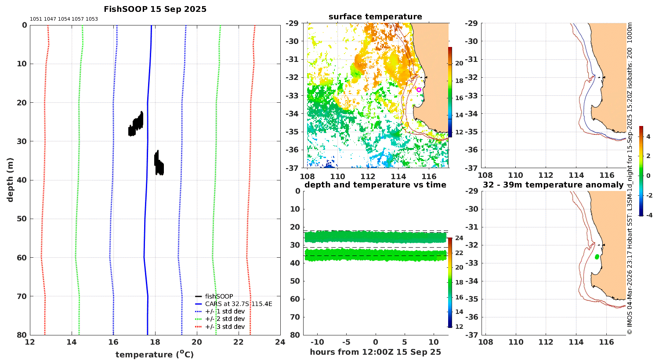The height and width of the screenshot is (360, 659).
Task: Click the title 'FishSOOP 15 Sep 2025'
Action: point(155,9)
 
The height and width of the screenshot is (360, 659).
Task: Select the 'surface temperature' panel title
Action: point(375,17)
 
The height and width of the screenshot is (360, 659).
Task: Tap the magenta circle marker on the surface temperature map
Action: point(419,90)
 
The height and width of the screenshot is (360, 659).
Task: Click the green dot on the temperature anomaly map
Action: point(597,257)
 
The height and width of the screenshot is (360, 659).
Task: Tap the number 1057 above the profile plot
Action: point(78,19)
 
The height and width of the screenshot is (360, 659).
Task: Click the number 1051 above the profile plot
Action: point(36,19)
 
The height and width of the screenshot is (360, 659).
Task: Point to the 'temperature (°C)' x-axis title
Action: point(155,354)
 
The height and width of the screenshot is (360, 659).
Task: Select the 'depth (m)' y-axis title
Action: point(10,180)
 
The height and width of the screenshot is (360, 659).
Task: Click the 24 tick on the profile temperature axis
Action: point(280,342)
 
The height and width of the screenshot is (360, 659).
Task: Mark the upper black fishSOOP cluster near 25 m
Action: point(136,124)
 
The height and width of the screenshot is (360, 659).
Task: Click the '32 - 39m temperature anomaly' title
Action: point(553,185)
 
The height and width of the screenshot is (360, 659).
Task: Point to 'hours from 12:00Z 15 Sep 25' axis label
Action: point(375,352)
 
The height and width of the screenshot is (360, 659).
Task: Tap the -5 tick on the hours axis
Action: point(347,342)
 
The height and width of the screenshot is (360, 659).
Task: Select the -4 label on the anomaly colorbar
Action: point(649,216)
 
